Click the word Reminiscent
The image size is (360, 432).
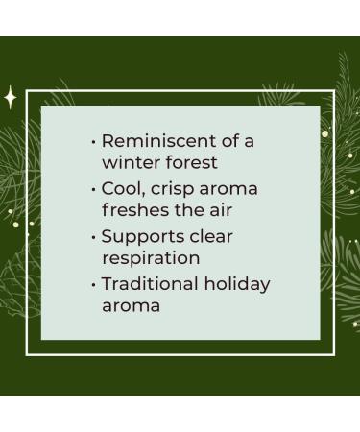click(157, 141)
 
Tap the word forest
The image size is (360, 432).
click(191, 163)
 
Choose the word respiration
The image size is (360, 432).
click(151, 258)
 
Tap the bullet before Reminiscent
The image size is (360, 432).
click(94, 142)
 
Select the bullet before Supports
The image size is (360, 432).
click(94, 236)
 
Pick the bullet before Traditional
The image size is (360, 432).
click(94, 284)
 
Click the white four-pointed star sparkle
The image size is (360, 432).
click(11, 97)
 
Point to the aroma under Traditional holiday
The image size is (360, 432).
click(131, 306)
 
